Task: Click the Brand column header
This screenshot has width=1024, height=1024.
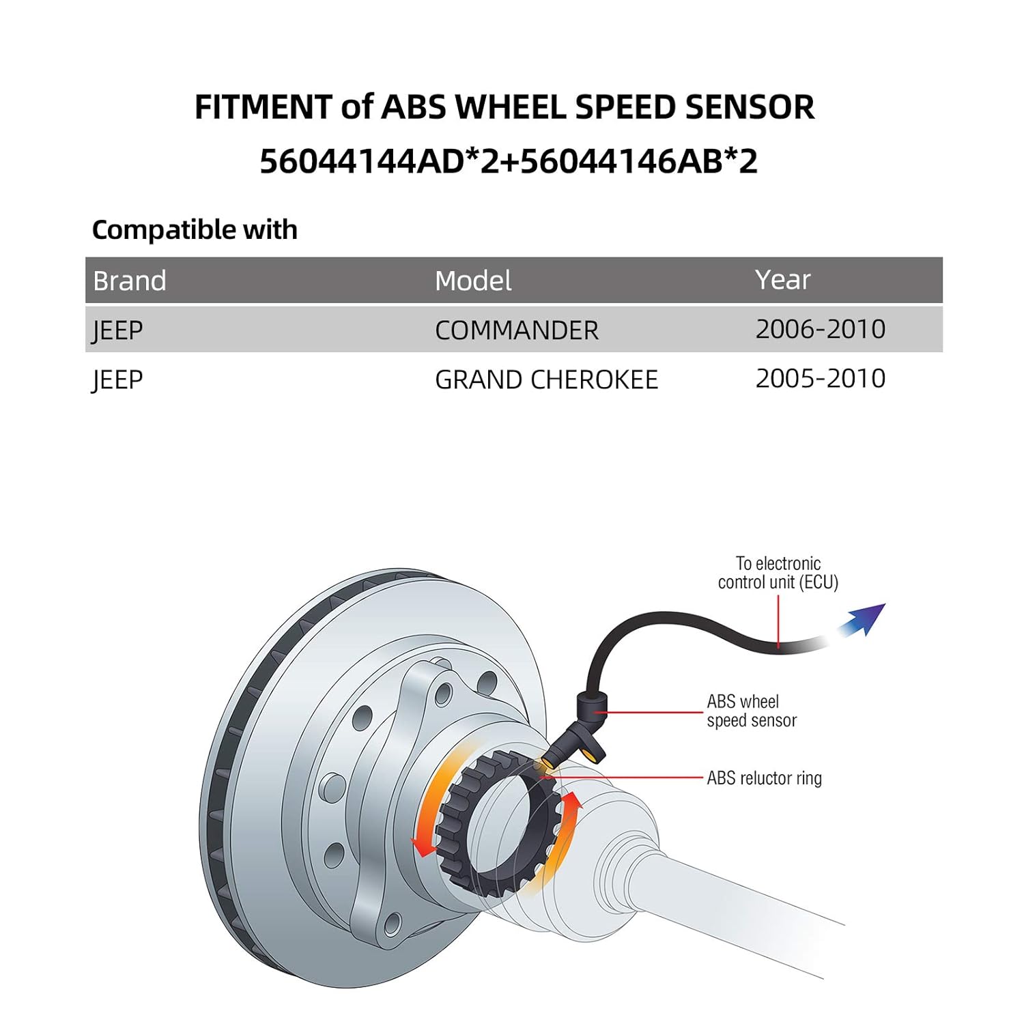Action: (130, 281)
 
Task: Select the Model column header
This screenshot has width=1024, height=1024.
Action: (473, 281)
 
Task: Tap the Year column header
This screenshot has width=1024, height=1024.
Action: (782, 280)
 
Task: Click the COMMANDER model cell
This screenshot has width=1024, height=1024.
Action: (516, 330)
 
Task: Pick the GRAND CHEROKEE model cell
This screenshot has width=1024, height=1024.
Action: (546, 380)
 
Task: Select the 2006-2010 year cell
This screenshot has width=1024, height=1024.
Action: (820, 330)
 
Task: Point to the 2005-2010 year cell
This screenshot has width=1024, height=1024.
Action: (820, 379)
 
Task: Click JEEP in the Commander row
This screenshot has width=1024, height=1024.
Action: (117, 330)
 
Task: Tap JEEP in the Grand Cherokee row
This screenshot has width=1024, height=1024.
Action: (117, 380)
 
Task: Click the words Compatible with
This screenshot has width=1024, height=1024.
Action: (195, 230)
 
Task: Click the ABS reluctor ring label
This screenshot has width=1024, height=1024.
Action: (764, 778)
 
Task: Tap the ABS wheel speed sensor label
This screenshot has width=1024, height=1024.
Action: (751, 711)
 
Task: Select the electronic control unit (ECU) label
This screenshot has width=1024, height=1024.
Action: (778, 573)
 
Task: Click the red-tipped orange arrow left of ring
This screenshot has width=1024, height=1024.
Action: (427, 819)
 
